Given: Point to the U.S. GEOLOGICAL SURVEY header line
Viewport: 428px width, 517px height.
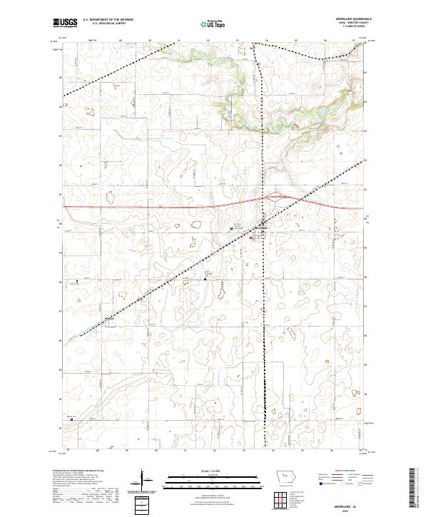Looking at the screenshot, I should (x=103, y=24).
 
